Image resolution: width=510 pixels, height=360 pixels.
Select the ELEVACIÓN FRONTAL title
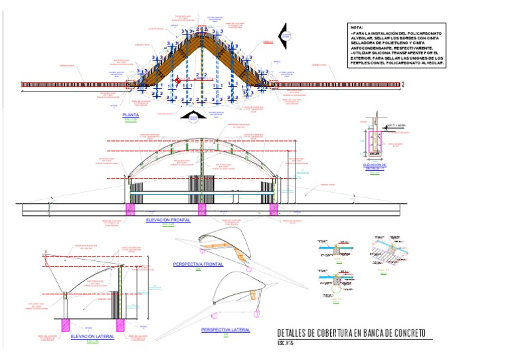[168, 219]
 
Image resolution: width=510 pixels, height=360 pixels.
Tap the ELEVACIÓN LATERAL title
[92, 336]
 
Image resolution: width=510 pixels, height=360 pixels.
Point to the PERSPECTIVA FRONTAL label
[197, 264]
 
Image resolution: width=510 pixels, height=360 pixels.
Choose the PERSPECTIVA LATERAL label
[225, 329]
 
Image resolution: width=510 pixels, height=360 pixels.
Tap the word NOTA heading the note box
[357, 27]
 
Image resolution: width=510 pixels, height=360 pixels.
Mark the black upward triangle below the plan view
[192, 117]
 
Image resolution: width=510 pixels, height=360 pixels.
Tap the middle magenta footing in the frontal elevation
[202, 209]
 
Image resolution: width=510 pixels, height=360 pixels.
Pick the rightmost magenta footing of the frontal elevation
[273, 209]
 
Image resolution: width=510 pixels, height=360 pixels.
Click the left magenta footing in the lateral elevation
[66, 325]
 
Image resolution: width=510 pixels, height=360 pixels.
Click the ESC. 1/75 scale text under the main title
[285, 343]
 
